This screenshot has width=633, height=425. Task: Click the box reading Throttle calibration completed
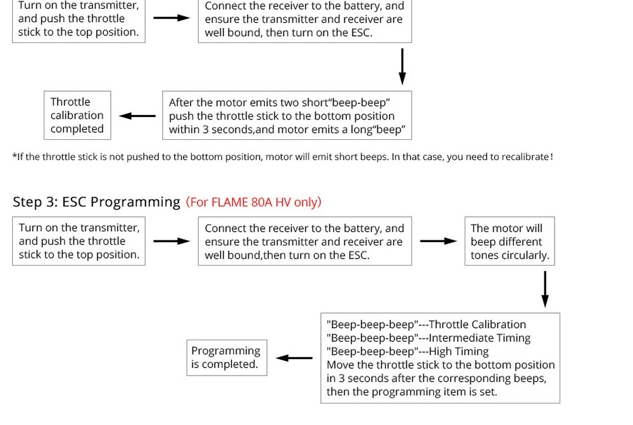[77, 115]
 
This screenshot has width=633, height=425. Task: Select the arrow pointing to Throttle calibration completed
[137, 116]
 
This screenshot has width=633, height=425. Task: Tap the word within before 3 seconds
[185, 130]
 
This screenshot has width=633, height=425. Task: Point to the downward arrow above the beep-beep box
[402, 66]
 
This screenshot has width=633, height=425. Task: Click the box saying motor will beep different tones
[510, 241]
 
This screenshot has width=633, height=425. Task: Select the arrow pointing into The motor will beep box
[439, 241]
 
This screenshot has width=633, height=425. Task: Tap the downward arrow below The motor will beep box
[544, 289]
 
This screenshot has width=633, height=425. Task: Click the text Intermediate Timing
[480, 338]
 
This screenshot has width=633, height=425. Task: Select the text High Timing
[459, 351]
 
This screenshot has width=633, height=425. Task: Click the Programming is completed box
[226, 357]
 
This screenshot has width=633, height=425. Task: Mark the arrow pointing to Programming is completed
[294, 358]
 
